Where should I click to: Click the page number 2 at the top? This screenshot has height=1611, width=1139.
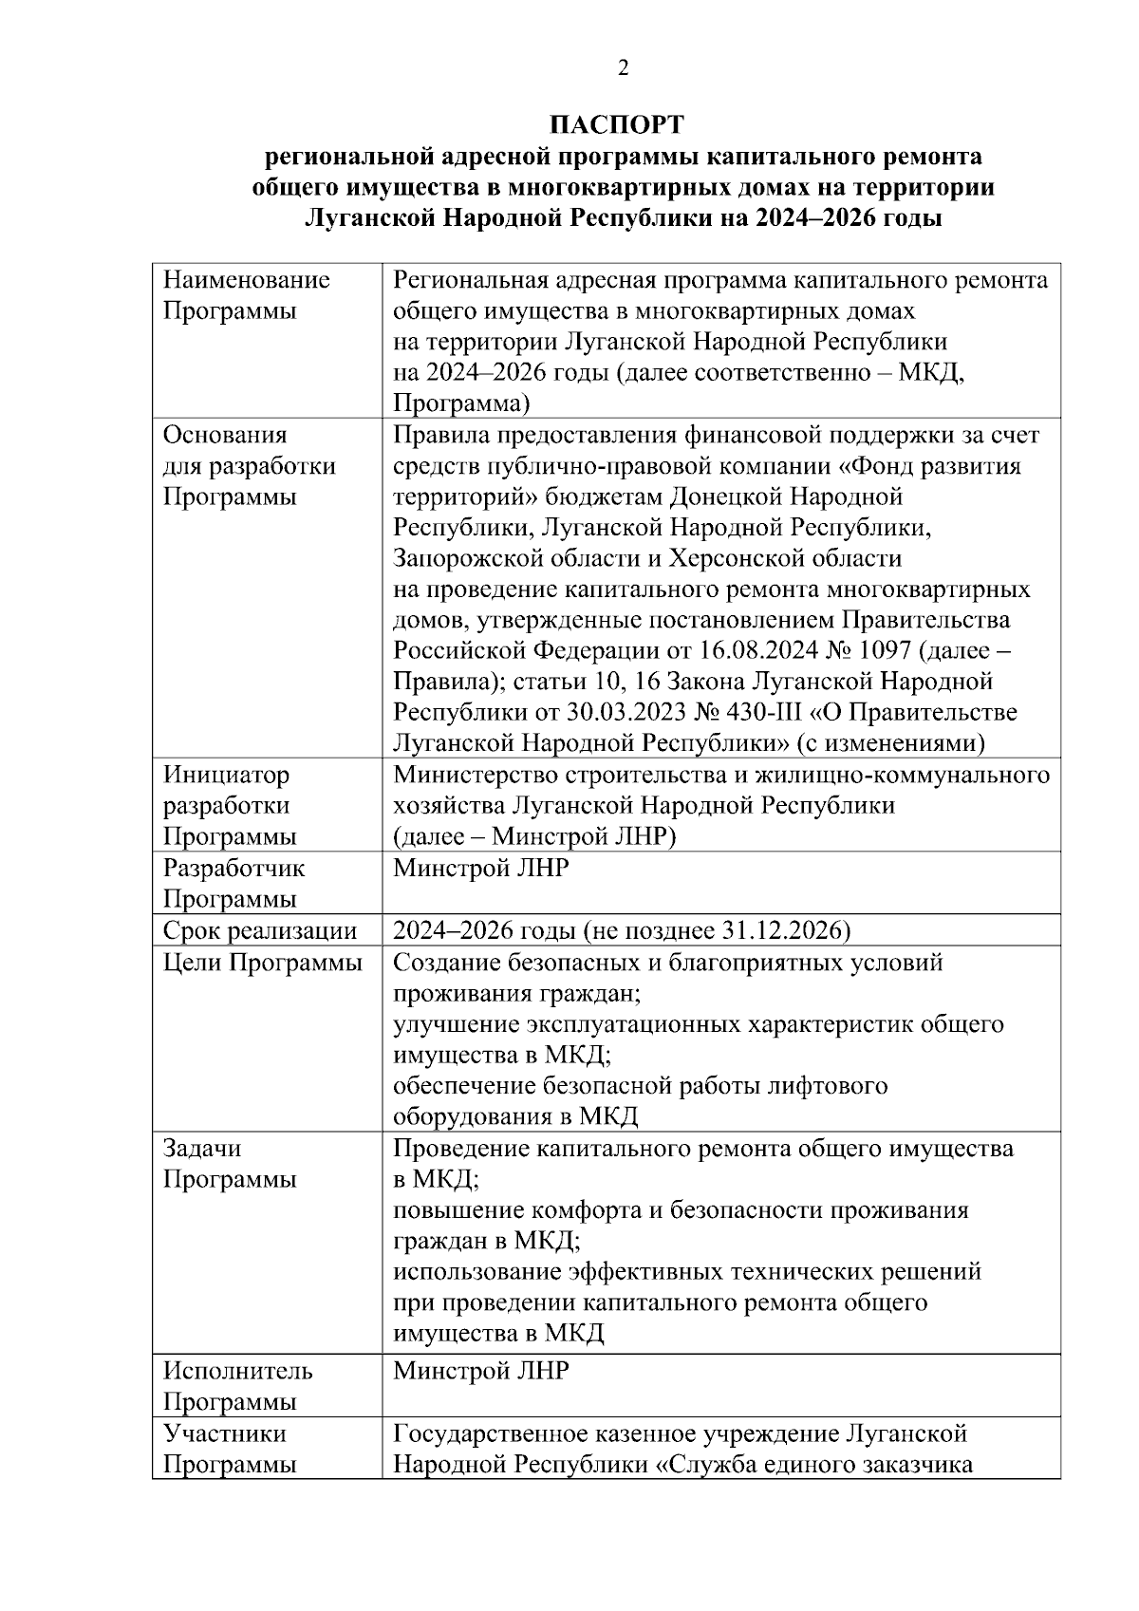click(x=623, y=67)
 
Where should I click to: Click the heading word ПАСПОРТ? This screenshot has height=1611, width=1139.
click(x=617, y=125)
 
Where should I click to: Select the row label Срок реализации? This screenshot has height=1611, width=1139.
click(x=259, y=931)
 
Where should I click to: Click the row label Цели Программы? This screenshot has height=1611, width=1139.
click(x=263, y=963)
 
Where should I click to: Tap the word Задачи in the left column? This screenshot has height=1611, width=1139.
click(x=202, y=1148)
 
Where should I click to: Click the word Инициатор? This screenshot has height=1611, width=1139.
click(x=226, y=775)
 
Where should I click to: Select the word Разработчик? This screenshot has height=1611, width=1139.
click(x=234, y=868)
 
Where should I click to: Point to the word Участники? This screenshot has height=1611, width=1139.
click(x=224, y=1433)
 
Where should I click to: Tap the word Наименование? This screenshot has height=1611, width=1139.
click(x=247, y=279)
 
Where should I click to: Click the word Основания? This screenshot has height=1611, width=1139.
click(x=225, y=435)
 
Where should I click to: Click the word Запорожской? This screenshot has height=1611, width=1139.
click(x=471, y=557)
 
